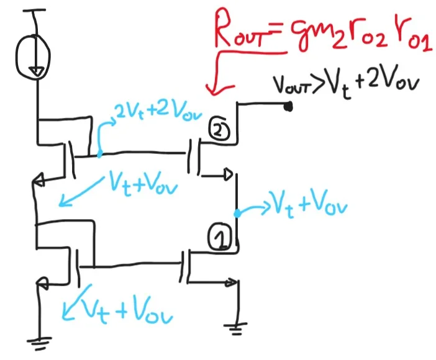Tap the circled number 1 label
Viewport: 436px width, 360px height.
click(219, 238)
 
